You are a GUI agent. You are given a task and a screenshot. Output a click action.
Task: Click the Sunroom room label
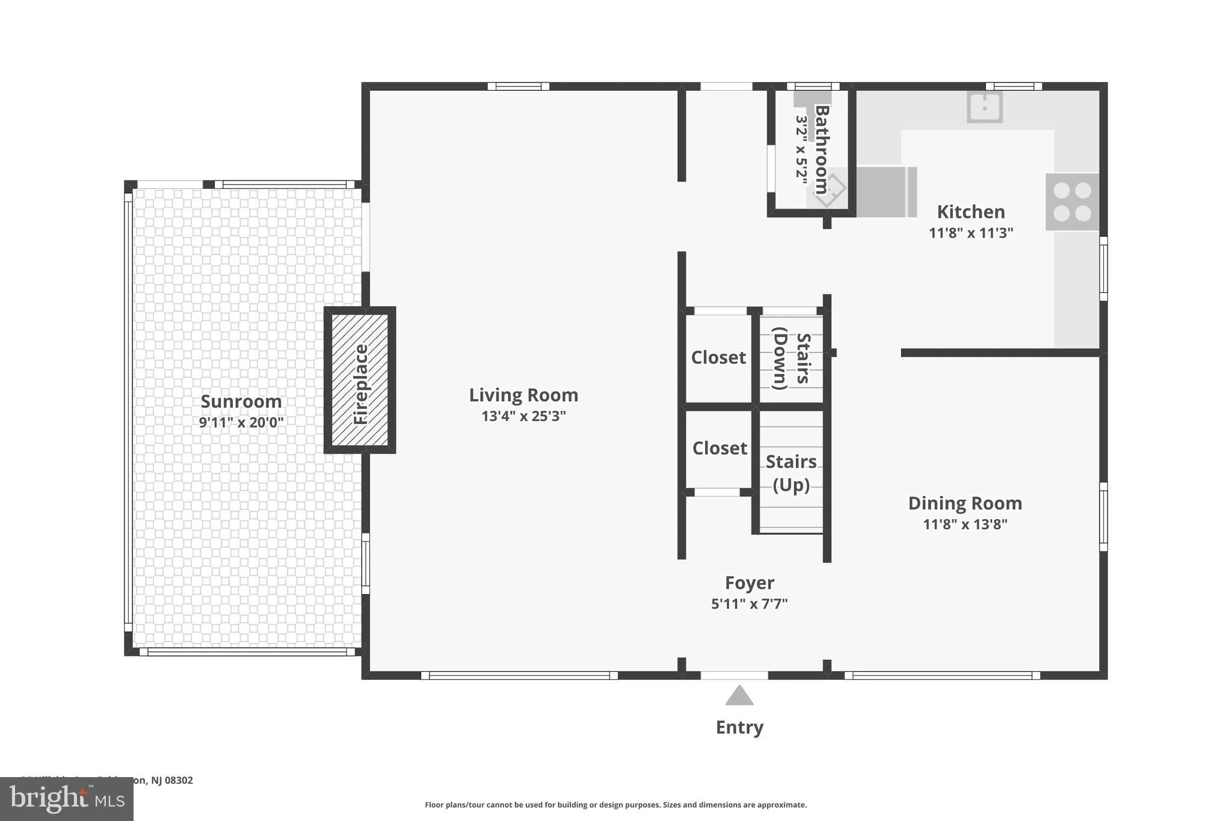pyautogui.click(x=241, y=401)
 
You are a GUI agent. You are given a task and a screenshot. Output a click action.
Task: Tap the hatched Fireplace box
pyautogui.click(x=360, y=380)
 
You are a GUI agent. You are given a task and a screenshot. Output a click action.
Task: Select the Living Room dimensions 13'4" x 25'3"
pyautogui.click(x=523, y=416)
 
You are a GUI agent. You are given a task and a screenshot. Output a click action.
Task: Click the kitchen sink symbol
pyautogui.click(x=984, y=108)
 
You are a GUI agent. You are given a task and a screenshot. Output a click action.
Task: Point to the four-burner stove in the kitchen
pyautogui.click(x=1072, y=201)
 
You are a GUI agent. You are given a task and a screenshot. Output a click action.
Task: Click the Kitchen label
pyautogui.click(x=970, y=212)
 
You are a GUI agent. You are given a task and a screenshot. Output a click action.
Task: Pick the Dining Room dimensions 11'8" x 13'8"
pyautogui.click(x=965, y=524)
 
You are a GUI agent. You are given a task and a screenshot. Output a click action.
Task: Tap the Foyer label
pyautogui.click(x=749, y=583)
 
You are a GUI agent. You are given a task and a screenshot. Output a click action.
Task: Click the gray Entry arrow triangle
pyautogui.click(x=739, y=696)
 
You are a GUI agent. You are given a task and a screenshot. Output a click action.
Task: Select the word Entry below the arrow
pyautogui.click(x=739, y=727)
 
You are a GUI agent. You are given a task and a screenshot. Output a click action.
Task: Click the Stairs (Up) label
pyautogui.click(x=790, y=473)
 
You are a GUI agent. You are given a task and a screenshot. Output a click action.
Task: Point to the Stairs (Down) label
pyautogui.click(x=791, y=358)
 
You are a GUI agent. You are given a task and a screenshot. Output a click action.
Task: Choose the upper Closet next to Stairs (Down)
pyautogui.click(x=718, y=357)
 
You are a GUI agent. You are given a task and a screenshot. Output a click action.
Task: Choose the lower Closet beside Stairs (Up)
pyautogui.click(x=719, y=448)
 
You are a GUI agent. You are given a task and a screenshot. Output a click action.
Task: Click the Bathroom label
pyautogui.click(x=822, y=149)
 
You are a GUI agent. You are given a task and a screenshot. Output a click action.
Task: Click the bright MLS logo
pyautogui.click(x=67, y=799)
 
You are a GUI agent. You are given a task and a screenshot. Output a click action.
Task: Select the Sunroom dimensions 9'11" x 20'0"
pyautogui.click(x=241, y=422)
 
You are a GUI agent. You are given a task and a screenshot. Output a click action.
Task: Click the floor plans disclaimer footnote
pyautogui.click(x=615, y=805)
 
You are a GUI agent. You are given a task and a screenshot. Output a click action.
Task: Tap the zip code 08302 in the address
pyautogui.click(x=179, y=780)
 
